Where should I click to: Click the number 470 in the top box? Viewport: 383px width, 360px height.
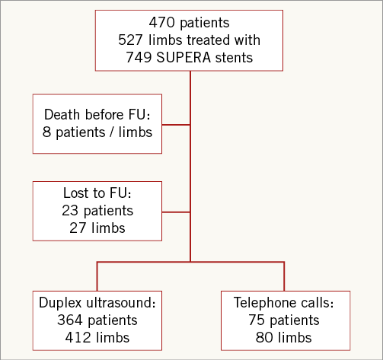click(161, 22)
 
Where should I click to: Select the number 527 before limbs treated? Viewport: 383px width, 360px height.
click(131, 40)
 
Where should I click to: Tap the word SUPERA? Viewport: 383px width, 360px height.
click(184, 57)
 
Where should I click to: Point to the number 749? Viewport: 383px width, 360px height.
click(139, 57)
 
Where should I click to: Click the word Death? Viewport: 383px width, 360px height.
click(62, 114)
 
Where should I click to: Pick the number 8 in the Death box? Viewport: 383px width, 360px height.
click(46, 132)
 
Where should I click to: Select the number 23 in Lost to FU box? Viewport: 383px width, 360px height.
click(70, 211)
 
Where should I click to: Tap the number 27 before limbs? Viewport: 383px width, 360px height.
click(78, 228)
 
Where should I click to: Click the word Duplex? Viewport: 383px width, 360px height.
click(61, 303)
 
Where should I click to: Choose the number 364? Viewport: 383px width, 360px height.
click(70, 320)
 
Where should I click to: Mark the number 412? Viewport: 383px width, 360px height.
click(78, 337)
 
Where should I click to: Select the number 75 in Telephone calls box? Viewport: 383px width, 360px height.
click(257, 320)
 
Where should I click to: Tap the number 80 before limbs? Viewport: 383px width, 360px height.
click(264, 337)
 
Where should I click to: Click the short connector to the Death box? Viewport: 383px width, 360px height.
click(176, 125)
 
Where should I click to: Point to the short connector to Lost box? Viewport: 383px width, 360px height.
click(176, 212)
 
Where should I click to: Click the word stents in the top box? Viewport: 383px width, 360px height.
click(234, 58)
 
